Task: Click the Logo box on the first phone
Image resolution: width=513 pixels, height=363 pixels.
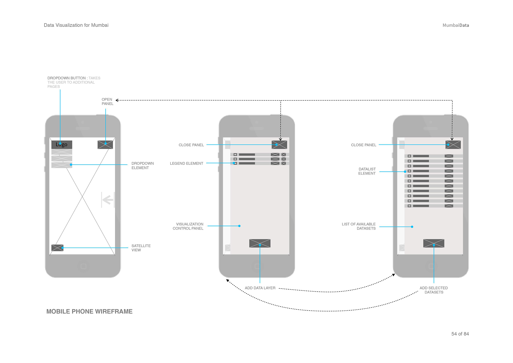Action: coord(62,145)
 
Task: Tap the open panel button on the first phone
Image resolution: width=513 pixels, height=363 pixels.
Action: coord(105,145)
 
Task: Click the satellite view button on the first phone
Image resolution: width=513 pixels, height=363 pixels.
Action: coord(57,248)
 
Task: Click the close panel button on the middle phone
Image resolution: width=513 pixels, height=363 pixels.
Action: coord(279,145)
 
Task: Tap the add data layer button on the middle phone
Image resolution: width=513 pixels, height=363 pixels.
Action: coord(260,243)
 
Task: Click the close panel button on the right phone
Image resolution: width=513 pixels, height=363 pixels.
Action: coord(453,145)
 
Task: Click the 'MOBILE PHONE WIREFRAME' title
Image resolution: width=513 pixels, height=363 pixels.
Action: coord(89,311)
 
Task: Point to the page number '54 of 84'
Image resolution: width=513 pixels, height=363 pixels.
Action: coord(460,334)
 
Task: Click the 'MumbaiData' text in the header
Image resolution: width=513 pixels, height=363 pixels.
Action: coord(456,25)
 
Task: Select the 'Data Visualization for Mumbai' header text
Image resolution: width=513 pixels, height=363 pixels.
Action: coord(76,25)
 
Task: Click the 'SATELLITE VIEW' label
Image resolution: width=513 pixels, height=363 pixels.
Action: coord(141,248)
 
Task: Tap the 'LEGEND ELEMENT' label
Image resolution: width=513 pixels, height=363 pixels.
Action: coord(186,163)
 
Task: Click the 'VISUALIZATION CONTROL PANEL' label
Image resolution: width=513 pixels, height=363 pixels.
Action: coord(188,226)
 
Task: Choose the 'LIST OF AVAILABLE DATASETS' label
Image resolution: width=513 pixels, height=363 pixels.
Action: coord(359,226)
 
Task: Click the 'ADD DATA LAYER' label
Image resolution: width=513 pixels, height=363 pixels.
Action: coord(260,288)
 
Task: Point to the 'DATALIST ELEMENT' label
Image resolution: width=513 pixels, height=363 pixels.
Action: coord(367,171)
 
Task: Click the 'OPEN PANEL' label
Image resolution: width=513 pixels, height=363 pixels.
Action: coord(107,101)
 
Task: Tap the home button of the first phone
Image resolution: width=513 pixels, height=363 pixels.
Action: coord(83,266)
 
